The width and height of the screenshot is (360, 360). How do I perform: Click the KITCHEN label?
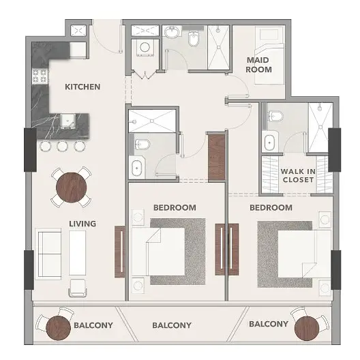click(82, 87)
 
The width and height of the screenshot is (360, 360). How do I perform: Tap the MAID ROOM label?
click(259, 65)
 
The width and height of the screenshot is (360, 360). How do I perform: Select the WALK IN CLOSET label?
click(298, 176)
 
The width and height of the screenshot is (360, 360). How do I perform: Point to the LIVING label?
click(82, 224)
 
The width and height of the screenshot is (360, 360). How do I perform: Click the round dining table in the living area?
click(72, 187)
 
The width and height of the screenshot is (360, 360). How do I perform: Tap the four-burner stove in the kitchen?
click(40, 76)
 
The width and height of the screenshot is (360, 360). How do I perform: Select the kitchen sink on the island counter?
click(68, 121)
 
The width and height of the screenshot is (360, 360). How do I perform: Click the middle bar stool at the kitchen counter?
click(63, 146)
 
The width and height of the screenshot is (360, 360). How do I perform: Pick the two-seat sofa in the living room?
click(48, 254)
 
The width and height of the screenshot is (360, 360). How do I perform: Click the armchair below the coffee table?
click(78, 288)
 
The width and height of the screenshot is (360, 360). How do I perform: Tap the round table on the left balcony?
click(58, 328)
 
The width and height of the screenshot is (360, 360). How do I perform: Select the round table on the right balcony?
click(307, 329)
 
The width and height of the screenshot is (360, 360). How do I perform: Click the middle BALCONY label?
click(172, 325)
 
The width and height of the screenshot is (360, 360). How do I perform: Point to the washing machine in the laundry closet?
click(145, 48)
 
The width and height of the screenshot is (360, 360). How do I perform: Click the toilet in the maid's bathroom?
click(193, 39)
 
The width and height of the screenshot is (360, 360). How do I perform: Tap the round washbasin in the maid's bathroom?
click(172, 32)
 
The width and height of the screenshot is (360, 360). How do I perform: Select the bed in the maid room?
click(269, 55)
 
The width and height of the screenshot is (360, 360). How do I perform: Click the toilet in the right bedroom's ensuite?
click(275, 116)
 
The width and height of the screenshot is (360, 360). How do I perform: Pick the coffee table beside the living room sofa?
click(77, 253)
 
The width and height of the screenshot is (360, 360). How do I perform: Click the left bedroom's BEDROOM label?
click(175, 207)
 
